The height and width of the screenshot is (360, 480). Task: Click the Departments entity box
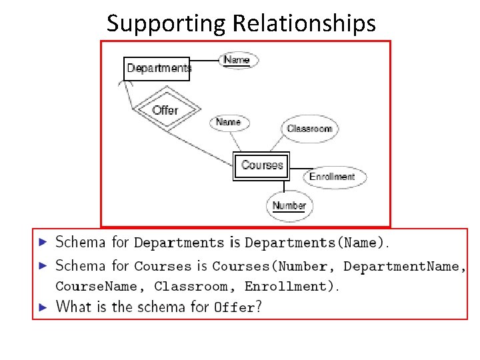click(x=157, y=69)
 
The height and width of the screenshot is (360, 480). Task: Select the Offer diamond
click(x=165, y=110)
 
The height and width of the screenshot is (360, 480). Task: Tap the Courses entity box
click(x=262, y=165)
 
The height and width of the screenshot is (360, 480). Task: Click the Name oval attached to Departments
click(x=237, y=60)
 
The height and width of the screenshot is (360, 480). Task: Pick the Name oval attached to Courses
click(x=229, y=122)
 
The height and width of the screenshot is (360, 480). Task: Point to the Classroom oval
click(x=309, y=129)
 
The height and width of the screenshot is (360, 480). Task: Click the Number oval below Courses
click(x=289, y=205)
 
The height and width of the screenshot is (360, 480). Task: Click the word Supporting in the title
click(x=167, y=23)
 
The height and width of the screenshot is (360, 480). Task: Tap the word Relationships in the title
click(x=304, y=23)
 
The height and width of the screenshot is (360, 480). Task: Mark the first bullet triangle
click(x=43, y=242)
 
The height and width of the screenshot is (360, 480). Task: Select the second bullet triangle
click(x=43, y=266)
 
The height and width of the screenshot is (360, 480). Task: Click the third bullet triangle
click(x=43, y=307)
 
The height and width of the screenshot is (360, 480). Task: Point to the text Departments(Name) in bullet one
click(x=314, y=243)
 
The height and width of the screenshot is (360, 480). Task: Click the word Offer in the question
click(x=235, y=308)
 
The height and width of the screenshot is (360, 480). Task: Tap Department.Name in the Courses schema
click(x=401, y=267)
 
